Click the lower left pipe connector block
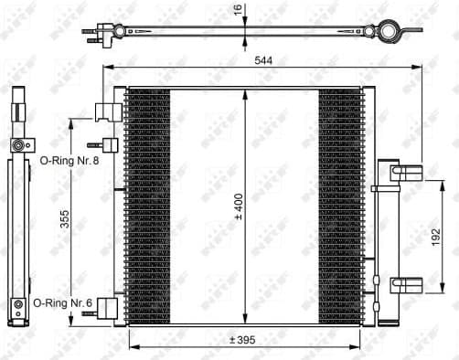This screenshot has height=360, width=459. click(108, 306)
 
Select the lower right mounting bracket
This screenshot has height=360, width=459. click(401, 283)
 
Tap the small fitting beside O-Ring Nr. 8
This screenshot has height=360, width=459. click(109, 145)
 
